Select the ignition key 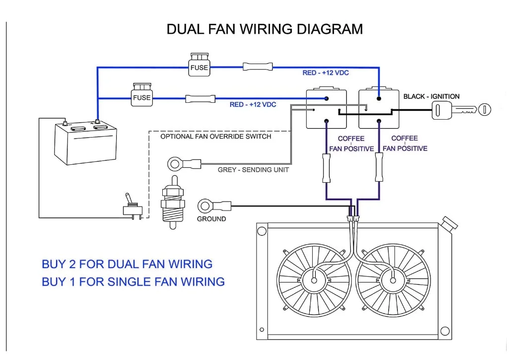(461, 109)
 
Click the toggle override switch (133, 208)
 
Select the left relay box (326, 109)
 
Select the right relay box (379, 109)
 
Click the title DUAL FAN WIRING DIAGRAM (265, 29)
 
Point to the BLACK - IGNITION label (431, 96)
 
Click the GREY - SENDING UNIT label (253, 170)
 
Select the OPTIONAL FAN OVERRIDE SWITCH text (216, 136)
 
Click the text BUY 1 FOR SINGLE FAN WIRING (133, 282)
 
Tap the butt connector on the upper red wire (258, 67)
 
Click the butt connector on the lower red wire (200, 98)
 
